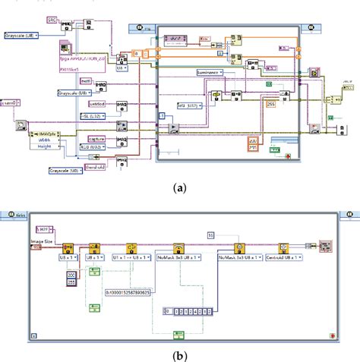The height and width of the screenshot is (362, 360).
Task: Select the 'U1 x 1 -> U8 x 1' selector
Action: click(x=134, y=257)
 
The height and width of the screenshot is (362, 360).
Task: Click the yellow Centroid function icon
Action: click(x=283, y=247)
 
